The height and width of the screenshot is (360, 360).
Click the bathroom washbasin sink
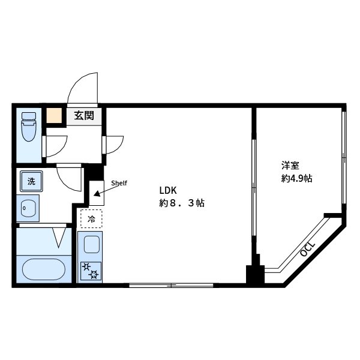point(28,208)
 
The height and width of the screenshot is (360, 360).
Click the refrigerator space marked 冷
point(91,220)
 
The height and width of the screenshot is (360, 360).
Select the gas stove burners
point(91,271)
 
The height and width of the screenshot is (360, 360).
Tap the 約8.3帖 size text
point(182,203)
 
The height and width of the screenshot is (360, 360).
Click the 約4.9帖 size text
point(297,178)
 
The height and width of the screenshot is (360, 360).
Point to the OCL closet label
point(307,248)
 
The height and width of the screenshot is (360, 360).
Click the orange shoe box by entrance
point(55,116)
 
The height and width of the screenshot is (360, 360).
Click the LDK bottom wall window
point(171,284)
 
